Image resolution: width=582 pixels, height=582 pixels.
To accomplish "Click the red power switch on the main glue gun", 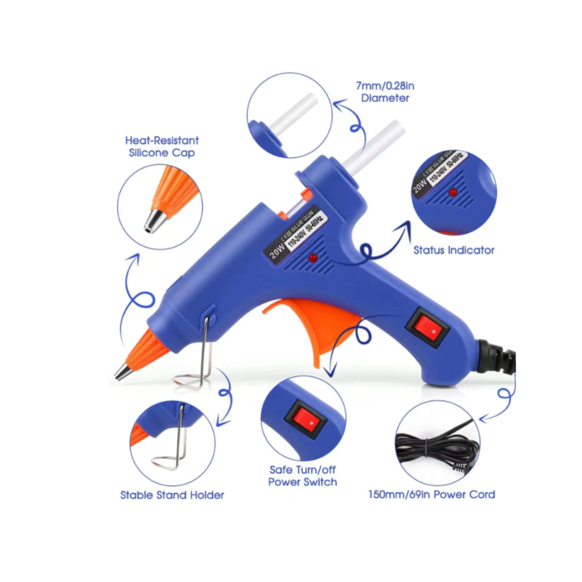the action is (428, 329).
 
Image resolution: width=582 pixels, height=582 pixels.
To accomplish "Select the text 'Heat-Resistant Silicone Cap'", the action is (162, 146).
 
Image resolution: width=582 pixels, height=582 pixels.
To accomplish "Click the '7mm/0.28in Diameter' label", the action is (385, 92).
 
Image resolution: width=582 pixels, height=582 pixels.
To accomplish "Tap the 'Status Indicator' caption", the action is (454, 250).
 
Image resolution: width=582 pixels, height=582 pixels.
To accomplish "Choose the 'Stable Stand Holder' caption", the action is (172, 495).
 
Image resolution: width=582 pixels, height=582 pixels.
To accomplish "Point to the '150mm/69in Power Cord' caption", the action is (432, 495).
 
